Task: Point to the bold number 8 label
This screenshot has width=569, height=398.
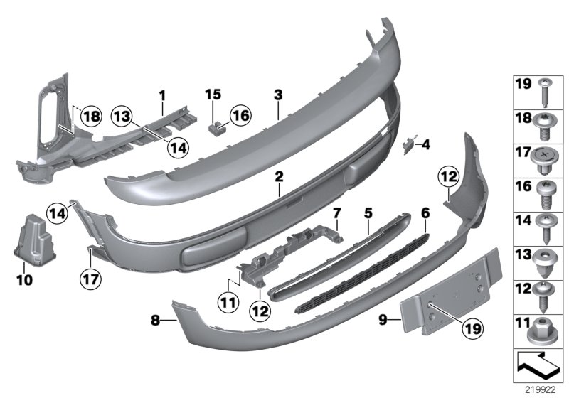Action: (155, 321)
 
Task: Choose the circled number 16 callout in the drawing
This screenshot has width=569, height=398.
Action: (240, 114)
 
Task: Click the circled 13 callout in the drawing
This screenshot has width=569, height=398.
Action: (122, 117)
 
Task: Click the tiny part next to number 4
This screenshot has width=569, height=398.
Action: (408, 145)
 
